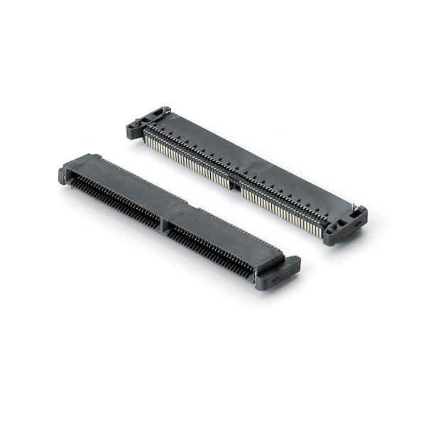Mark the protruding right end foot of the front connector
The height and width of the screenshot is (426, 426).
pyautogui.click(x=279, y=269)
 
